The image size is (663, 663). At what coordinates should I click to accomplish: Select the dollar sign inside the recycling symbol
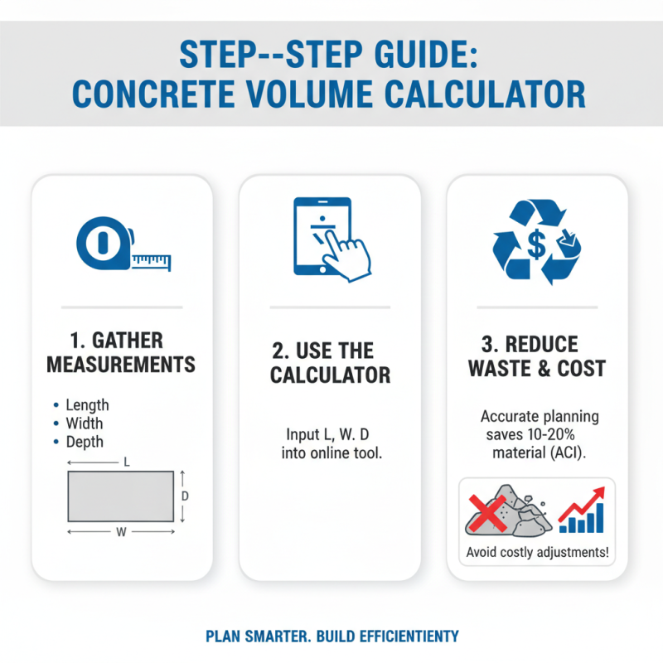[535, 244]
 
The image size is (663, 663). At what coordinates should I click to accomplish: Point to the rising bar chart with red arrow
[582, 511]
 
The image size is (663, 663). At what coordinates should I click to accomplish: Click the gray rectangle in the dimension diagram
[120, 496]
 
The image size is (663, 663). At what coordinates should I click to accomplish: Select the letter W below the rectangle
[121, 533]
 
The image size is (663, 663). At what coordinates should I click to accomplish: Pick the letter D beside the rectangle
[186, 496]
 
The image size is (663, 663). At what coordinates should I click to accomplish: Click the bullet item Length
[87, 405]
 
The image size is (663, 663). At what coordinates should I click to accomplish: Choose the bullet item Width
[84, 423]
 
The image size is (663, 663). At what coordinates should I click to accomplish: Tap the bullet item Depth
[85, 442]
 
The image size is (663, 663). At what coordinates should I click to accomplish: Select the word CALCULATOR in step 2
[330, 375]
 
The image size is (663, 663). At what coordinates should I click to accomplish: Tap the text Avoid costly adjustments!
[536, 552]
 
